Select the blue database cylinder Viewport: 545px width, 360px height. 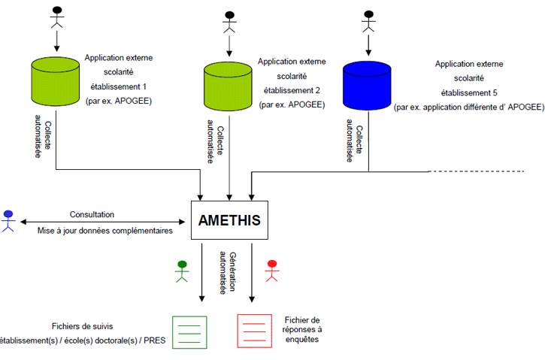[x=368, y=85]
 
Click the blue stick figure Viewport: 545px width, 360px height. [x=8, y=219]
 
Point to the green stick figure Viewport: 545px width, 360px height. [x=181, y=270]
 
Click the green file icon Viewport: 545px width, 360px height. [x=189, y=331]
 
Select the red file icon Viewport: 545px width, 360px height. [x=254, y=331]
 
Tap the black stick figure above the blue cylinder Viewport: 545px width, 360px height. [x=368, y=20]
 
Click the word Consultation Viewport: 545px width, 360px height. [x=93, y=214]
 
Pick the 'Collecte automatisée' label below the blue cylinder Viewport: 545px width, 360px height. [x=350, y=140]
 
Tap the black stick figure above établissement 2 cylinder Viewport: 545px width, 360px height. [x=229, y=22]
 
